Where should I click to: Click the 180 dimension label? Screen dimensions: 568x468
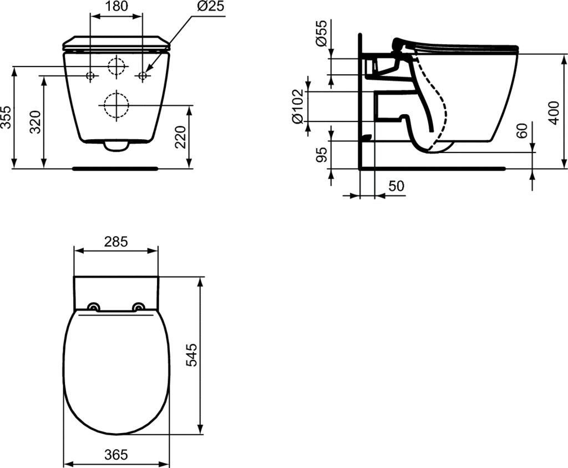pyautogui.click(x=116, y=6)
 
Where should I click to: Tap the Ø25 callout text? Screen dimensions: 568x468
pyautogui.click(x=211, y=6)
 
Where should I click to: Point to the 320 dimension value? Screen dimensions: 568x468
pyautogui.click(x=35, y=122)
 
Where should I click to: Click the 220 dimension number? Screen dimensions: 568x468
pyautogui.click(x=180, y=136)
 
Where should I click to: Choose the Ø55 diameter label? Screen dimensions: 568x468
pyautogui.click(x=321, y=33)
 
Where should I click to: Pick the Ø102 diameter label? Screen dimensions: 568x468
pyautogui.click(x=297, y=106)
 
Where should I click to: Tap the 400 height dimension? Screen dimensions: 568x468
pyautogui.click(x=554, y=113)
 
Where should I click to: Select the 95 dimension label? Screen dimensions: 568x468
pyautogui.click(x=321, y=154)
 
